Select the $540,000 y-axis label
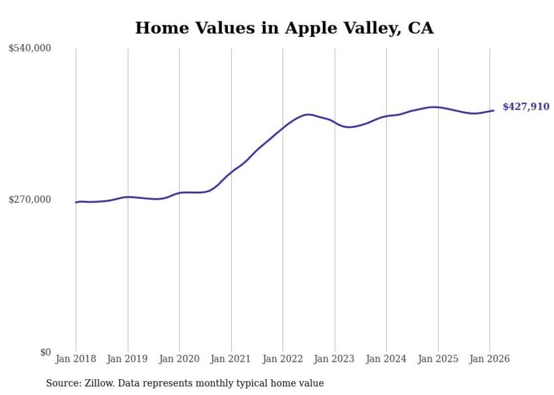click(30, 49)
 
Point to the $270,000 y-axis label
click(30, 199)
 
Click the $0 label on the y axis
click(45, 353)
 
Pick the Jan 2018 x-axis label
click(76, 359)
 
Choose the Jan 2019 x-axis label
click(128, 359)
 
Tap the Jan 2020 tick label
click(179, 359)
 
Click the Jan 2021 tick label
click(231, 359)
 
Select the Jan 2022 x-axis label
click(283, 359)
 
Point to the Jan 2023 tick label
click(335, 359)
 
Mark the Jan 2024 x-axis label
click(386, 359)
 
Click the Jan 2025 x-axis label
click(438, 359)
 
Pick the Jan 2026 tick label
click(490, 359)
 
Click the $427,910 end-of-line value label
click(526, 107)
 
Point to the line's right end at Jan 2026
click(494, 110)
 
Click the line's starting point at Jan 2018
click(76, 202)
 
